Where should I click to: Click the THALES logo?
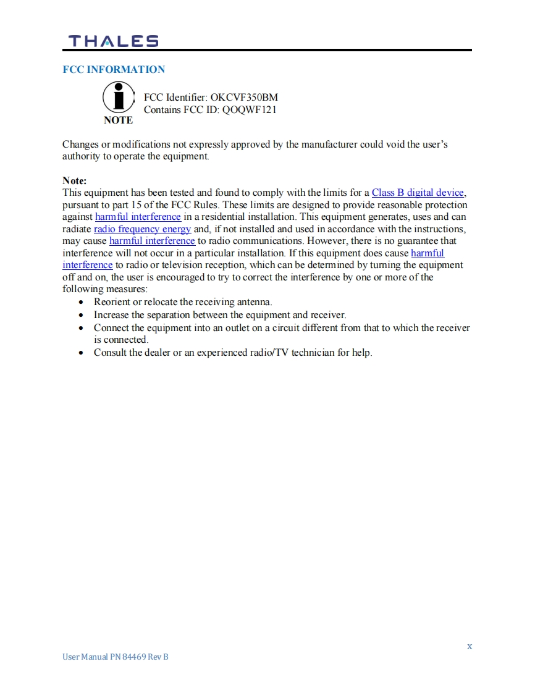[113, 41]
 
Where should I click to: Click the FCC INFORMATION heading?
[114, 69]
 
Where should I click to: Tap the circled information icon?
[118, 98]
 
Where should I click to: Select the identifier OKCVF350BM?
[244, 98]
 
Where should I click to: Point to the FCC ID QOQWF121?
[249, 109]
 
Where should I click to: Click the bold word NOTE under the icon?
[118, 120]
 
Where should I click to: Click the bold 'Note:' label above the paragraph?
[75, 180]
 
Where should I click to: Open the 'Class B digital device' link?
[418, 193]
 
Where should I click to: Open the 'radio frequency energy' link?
[142, 229]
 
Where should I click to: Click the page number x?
[470, 646]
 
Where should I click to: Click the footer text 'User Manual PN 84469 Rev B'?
[116, 657]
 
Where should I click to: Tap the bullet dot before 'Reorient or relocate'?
[82, 303]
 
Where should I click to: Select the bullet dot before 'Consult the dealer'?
[82, 353]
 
